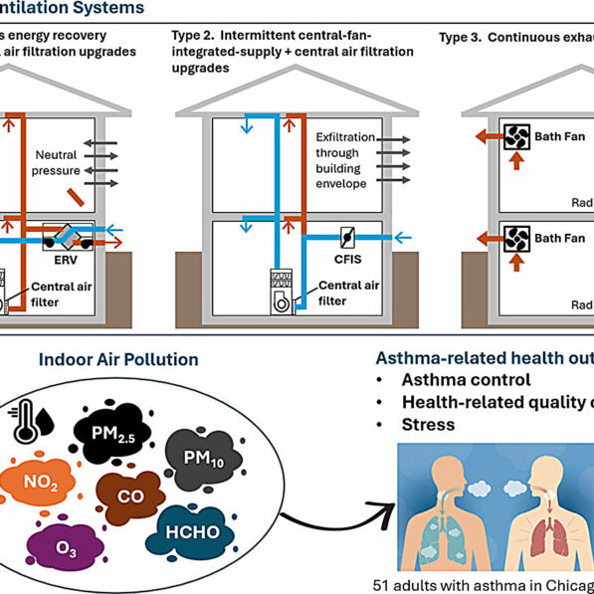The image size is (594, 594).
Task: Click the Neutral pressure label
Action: (56, 163)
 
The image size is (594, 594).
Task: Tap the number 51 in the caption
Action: (382, 584)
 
